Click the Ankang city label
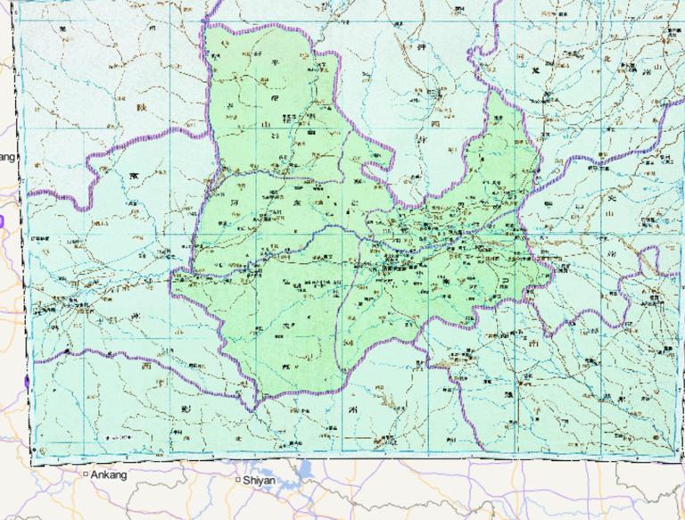(x=109, y=475)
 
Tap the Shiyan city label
(x=259, y=480)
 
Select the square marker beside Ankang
(x=87, y=475)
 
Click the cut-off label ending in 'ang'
(x=7, y=157)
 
